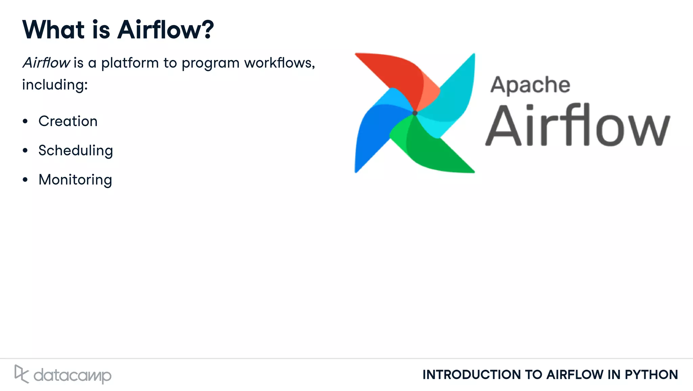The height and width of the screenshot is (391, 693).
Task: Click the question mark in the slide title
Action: pos(205,30)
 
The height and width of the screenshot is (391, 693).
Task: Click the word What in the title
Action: pos(53,30)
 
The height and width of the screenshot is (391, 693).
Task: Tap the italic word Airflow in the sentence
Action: pos(46,63)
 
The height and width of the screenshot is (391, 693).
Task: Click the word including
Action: pos(54,85)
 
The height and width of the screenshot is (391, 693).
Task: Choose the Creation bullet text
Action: pos(68,121)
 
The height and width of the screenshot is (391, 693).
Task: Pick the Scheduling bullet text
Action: pos(75,151)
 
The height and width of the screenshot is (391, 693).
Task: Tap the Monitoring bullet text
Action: pos(75,180)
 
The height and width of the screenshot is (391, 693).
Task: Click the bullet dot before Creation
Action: pos(25,121)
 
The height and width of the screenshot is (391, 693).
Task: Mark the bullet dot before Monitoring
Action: pos(25,180)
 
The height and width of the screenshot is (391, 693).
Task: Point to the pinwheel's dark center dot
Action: pos(415,113)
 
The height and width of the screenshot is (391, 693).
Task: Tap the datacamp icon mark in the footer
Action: pos(21,374)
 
